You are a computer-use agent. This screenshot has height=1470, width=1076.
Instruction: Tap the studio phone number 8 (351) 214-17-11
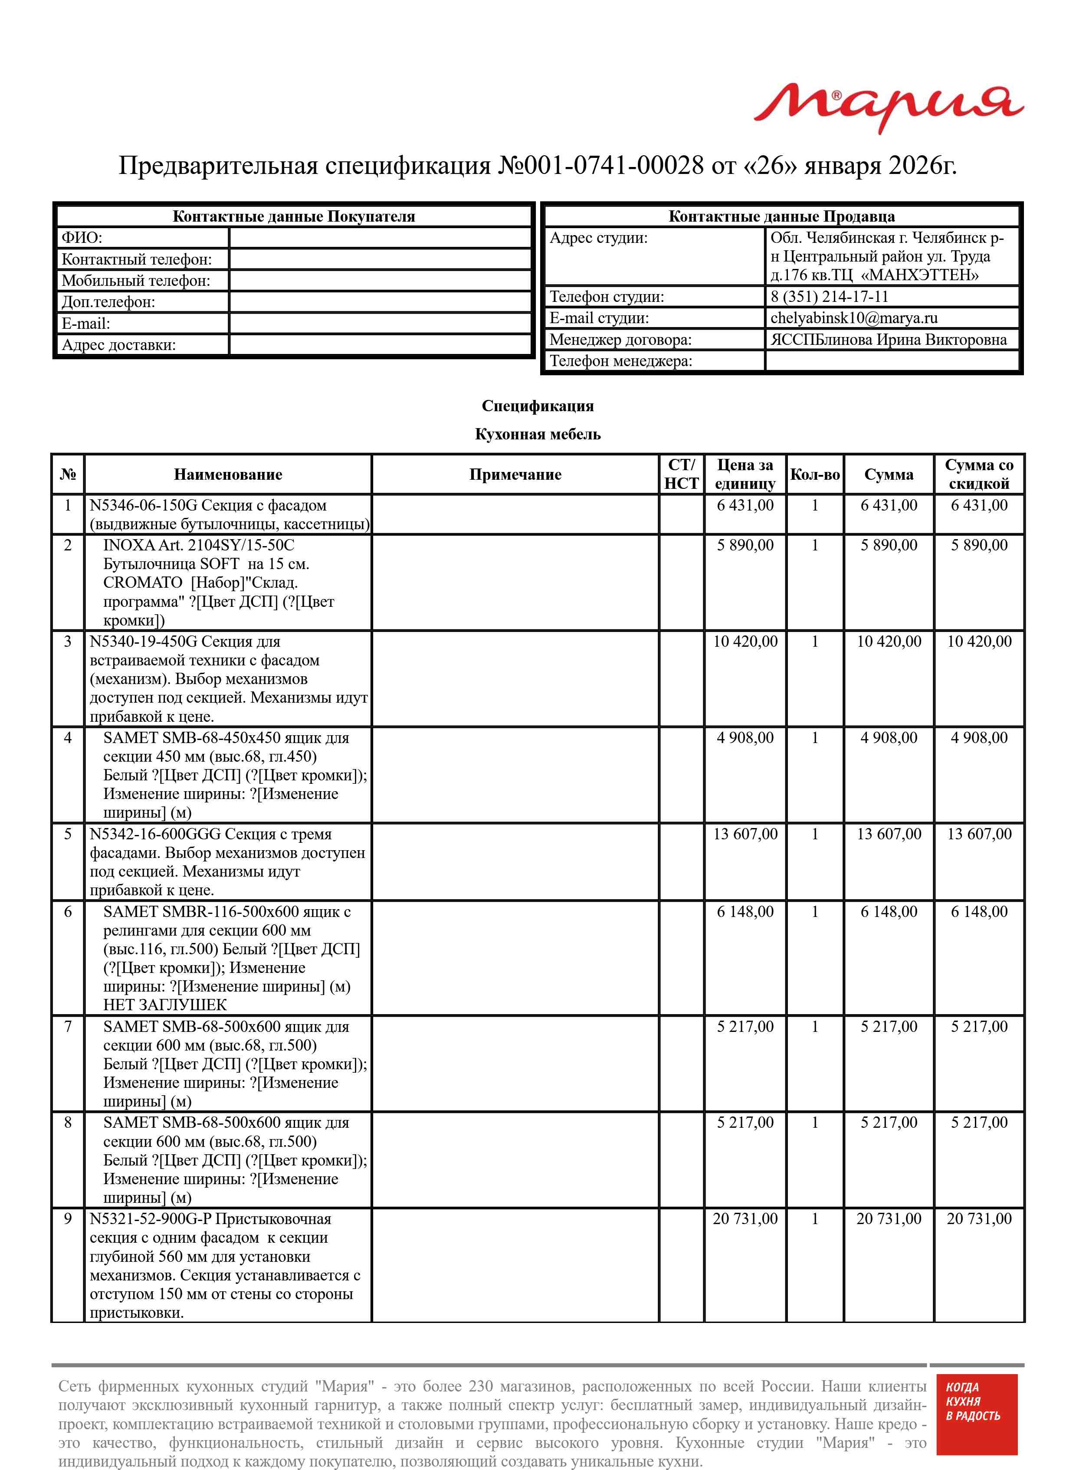(x=829, y=297)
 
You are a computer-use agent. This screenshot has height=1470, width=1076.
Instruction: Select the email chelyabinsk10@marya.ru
(x=853, y=318)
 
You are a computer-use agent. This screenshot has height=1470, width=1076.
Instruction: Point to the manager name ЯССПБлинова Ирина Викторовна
(x=889, y=340)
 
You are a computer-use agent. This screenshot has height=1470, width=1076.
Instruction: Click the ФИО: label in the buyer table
(x=82, y=238)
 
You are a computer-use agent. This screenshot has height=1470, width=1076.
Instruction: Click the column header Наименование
(x=228, y=475)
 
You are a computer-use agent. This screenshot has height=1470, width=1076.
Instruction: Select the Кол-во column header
(x=814, y=475)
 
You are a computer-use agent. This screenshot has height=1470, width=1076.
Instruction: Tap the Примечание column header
(x=515, y=475)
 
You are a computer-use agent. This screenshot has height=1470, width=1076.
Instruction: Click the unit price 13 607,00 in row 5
(x=745, y=834)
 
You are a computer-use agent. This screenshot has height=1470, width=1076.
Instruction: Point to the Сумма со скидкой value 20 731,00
(x=979, y=1219)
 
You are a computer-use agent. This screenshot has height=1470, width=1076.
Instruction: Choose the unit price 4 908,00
(x=745, y=738)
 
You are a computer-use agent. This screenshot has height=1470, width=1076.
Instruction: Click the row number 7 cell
(x=68, y=1027)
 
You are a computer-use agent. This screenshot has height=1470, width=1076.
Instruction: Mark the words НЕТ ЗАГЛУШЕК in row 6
(x=165, y=1005)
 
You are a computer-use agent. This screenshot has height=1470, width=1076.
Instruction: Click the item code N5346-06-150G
(x=143, y=506)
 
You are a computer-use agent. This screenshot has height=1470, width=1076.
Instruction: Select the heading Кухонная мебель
(x=537, y=434)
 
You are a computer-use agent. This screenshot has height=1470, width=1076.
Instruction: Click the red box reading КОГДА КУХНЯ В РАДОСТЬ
(x=976, y=1421)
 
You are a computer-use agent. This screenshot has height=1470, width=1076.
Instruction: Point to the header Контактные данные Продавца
(x=781, y=217)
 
